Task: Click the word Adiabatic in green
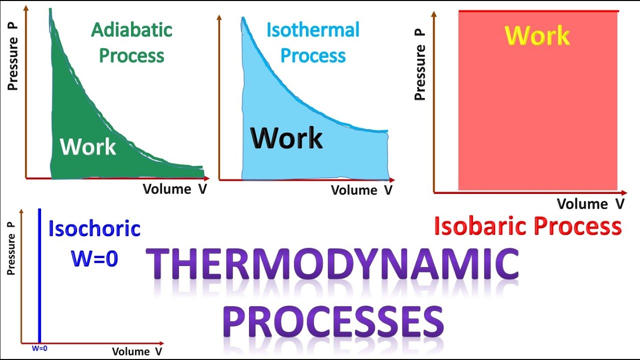click(131, 30)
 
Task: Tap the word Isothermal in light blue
click(312, 30)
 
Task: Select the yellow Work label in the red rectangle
click(537, 35)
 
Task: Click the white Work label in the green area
click(88, 147)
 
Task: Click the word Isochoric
click(94, 228)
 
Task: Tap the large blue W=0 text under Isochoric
click(94, 258)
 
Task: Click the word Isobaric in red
click(480, 226)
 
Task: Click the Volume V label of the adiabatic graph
click(174, 189)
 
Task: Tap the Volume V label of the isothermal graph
click(361, 190)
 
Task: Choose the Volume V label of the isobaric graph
click(590, 204)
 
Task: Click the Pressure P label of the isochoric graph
click(11, 248)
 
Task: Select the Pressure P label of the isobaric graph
click(420, 64)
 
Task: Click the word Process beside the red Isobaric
click(577, 226)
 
